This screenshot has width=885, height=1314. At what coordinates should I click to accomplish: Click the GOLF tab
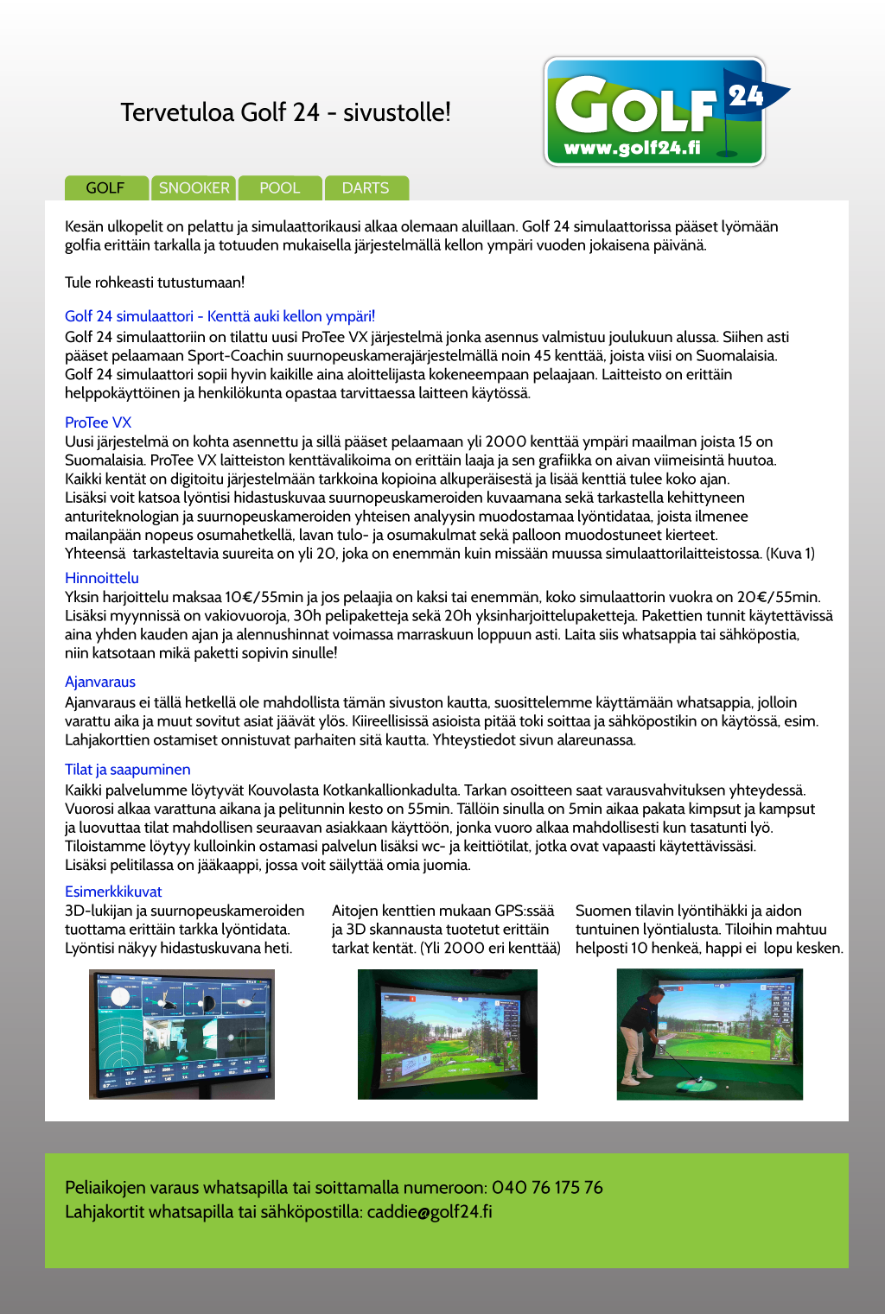tap(105, 187)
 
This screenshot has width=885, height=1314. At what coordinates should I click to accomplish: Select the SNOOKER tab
tap(194, 187)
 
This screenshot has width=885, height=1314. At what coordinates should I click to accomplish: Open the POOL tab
tap(279, 187)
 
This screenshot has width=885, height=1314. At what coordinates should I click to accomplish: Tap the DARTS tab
tap(365, 187)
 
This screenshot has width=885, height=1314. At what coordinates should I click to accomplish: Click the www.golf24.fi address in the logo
tap(632, 148)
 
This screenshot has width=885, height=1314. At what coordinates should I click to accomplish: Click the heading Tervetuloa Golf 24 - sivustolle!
tap(285, 112)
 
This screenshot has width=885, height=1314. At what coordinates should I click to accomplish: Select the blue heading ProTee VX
tap(98, 422)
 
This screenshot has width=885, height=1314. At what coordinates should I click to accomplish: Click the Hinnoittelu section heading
tap(102, 578)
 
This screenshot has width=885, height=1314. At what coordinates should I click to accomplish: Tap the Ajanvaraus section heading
tap(100, 682)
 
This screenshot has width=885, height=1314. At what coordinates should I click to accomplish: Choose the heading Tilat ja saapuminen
tap(127, 769)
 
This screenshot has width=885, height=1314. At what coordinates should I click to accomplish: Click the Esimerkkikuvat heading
tap(113, 892)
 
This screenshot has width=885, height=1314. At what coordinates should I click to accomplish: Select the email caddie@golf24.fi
tap(430, 1211)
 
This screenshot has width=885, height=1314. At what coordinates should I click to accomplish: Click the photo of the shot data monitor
tap(181, 1034)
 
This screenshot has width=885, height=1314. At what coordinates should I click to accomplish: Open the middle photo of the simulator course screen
tap(447, 1034)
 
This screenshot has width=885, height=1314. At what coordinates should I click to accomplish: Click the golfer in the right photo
tap(641, 1037)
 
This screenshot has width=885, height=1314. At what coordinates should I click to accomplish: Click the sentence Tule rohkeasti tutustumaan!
tap(155, 282)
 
